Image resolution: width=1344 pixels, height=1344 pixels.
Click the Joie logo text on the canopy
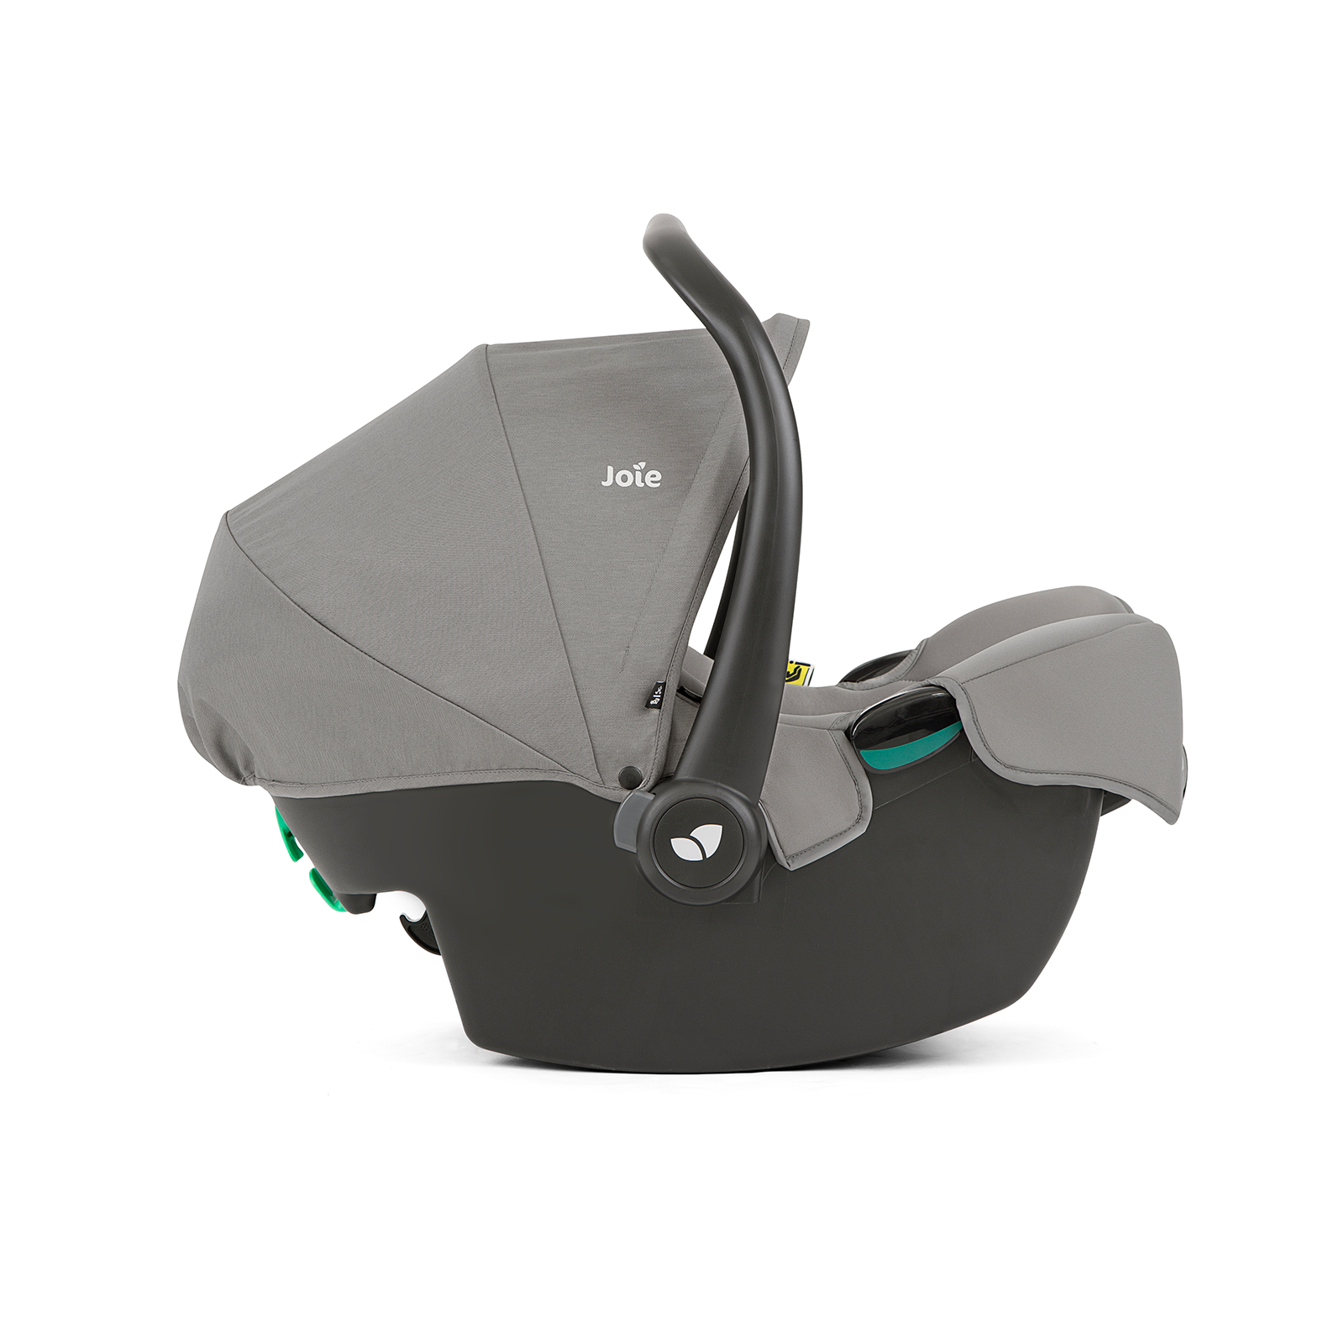point(631,476)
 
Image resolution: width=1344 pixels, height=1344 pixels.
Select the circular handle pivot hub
point(697,848)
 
